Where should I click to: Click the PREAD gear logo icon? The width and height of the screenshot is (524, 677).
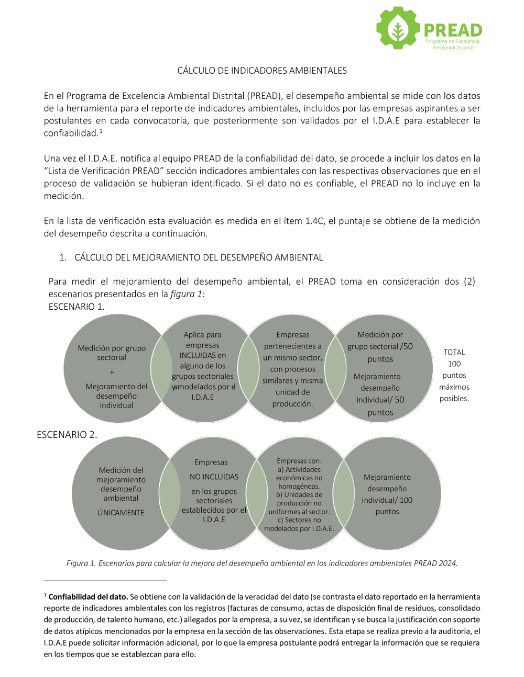(x=398, y=28)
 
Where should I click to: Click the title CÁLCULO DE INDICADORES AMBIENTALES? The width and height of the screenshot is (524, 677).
(x=262, y=71)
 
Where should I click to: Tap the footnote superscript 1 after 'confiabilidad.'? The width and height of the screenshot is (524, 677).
(x=101, y=131)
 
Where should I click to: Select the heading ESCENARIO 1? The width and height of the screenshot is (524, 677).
(x=77, y=307)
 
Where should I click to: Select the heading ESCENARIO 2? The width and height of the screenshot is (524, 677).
(x=67, y=435)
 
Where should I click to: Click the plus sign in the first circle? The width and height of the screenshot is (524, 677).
(x=112, y=372)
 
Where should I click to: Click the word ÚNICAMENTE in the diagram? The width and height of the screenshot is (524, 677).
(x=121, y=513)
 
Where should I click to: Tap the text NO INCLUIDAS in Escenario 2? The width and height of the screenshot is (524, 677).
(x=214, y=477)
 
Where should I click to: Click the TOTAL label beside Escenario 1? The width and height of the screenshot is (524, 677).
(x=454, y=352)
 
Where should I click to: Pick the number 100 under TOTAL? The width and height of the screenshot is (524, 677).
(x=454, y=364)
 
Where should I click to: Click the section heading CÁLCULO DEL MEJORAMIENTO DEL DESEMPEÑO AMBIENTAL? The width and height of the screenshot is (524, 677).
(x=199, y=257)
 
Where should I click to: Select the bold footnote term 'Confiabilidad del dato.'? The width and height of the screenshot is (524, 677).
(x=88, y=596)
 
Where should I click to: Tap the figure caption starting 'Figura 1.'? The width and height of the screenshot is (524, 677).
(x=262, y=563)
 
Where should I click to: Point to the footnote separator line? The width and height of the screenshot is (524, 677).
(x=105, y=580)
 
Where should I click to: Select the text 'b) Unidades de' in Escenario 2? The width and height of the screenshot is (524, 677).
(x=299, y=494)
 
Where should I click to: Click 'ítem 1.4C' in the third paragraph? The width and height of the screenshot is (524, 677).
(x=304, y=221)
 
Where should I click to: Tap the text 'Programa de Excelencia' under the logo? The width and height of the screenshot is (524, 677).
(x=452, y=41)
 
